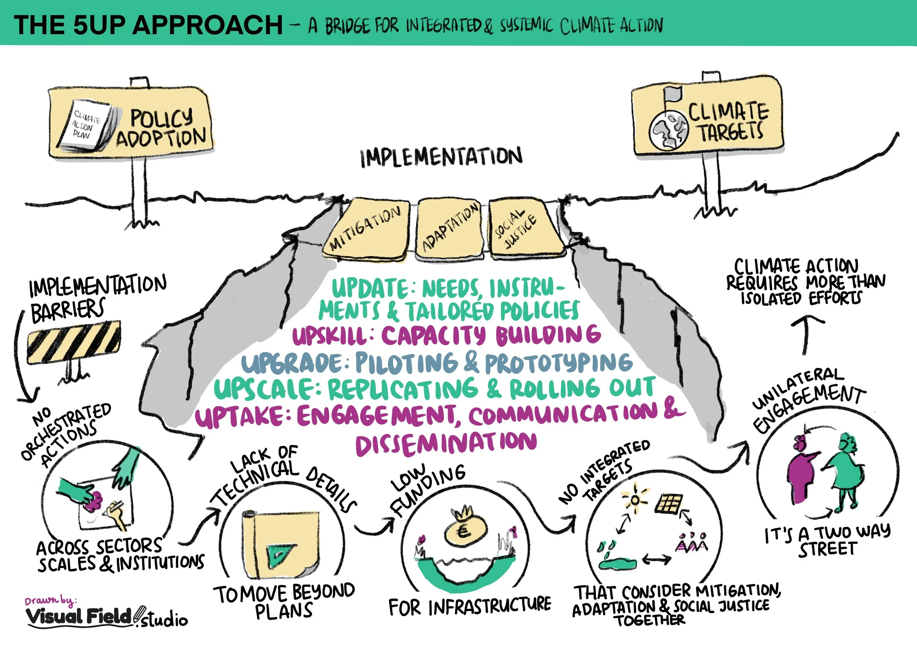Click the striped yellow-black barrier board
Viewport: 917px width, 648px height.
(74, 342)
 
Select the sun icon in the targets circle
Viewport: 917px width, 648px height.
(634, 500)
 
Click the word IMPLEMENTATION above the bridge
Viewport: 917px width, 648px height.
(441, 157)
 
